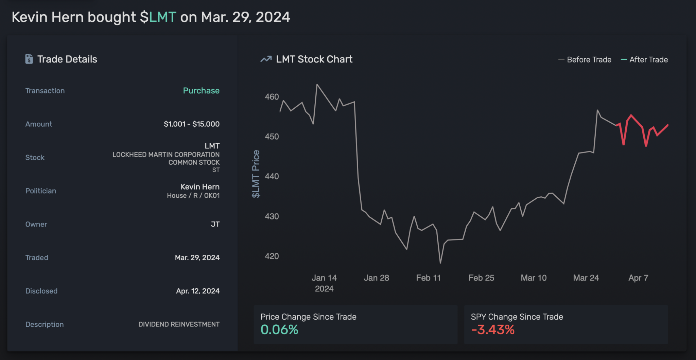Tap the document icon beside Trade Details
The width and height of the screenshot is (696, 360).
point(29,59)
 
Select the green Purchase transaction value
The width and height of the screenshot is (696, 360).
point(201,91)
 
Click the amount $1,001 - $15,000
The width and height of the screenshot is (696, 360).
point(191,124)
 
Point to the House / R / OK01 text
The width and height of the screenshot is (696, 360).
point(193,196)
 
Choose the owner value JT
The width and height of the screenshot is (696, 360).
point(215,224)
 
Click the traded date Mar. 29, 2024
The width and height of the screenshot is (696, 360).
point(197,257)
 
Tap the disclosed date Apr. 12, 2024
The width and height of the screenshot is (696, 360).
point(197,291)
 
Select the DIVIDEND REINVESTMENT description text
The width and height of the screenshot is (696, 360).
point(179,324)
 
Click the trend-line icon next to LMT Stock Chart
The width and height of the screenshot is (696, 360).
point(266,59)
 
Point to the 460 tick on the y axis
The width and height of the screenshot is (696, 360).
point(272,97)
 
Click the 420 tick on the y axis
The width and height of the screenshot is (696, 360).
point(272,256)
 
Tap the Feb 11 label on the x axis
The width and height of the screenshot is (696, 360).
point(428,278)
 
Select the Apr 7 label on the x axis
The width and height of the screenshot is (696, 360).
point(638,278)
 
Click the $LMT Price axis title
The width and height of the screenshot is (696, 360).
point(256,174)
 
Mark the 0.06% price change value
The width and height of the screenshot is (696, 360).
point(279,329)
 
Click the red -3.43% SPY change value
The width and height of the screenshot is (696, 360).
point(493,329)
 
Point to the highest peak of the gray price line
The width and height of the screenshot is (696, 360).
point(317,85)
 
